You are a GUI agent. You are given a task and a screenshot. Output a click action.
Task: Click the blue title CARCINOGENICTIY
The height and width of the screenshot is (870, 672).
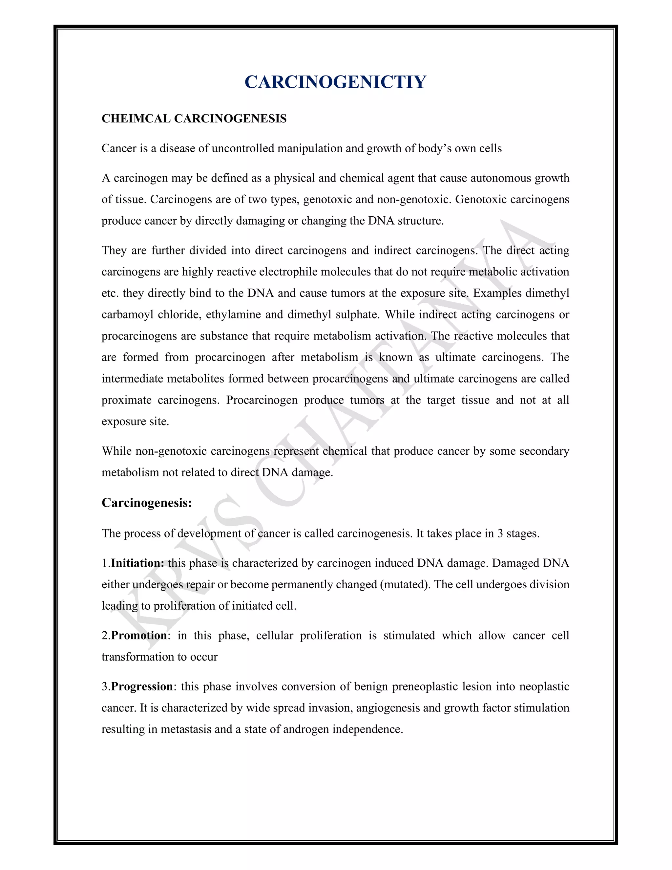tap(335, 82)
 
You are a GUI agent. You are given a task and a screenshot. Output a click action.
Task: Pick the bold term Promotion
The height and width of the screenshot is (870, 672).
tap(139, 635)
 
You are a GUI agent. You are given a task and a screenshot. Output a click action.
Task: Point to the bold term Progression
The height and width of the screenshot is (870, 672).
tap(142, 686)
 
